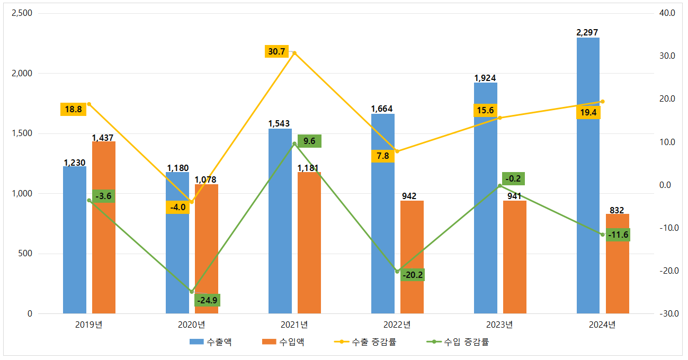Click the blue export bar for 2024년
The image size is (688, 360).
(x=588, y=175)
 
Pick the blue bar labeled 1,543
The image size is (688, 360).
(x=280, y=222)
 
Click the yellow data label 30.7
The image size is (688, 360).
(x=276, y=51)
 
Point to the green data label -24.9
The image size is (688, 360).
(x=207, y=300)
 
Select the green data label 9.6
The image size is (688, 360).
(x=309, y=141)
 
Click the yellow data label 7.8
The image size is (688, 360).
(x=382, y=156)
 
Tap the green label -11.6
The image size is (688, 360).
(x=618, y=235)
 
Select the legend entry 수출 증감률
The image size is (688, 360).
(x=374, y=342)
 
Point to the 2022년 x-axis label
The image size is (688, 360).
(x=397, y=325)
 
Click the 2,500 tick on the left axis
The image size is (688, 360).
(x=22, y=13)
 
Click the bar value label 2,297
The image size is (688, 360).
(x=587, y=33)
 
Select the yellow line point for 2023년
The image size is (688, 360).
(x=500, y=118)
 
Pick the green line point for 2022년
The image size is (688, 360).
(x=397, y=272)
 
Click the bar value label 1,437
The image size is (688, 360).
(x=103, y=138)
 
